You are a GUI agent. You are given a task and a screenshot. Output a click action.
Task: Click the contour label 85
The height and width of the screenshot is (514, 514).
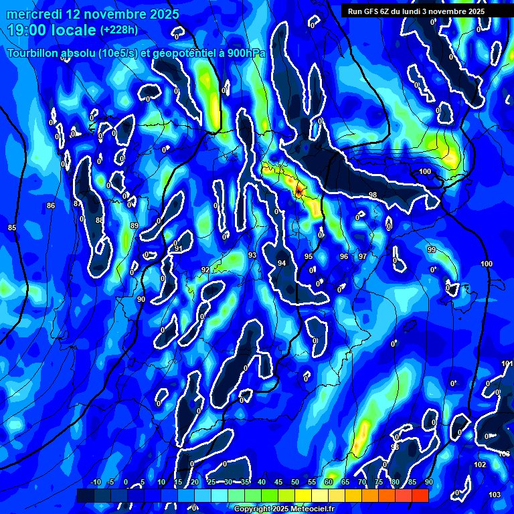tap(11, 228)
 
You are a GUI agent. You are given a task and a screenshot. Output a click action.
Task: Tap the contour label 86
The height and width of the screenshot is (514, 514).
tap(51, 205)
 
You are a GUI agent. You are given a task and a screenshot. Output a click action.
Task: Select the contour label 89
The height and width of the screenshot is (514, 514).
tap(135, 226)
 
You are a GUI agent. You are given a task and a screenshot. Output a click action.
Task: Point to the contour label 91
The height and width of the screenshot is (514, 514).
tap(179, 249)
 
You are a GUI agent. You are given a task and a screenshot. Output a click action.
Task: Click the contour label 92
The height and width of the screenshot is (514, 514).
tap(205, 270)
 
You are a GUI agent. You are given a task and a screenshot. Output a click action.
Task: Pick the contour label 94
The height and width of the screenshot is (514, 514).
tap(282, 263)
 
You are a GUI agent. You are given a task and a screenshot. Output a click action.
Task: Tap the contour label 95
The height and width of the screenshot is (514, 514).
tap(309, 256)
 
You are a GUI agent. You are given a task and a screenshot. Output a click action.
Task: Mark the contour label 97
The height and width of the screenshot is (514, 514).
tap(362, 256)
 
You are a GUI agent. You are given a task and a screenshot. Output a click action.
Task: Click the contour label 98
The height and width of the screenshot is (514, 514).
tap(373, 195)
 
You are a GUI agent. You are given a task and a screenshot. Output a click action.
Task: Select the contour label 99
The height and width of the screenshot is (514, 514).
tap(432, 250)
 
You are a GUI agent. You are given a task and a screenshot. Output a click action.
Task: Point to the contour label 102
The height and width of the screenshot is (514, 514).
tap(480, 464)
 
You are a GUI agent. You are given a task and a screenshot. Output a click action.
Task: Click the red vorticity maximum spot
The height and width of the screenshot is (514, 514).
tap(298, 192)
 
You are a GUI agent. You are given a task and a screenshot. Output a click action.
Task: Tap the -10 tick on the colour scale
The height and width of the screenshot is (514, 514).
tap(95, 482)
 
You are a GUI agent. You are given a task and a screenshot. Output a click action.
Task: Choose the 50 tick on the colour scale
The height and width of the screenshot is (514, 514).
tap(295, 482)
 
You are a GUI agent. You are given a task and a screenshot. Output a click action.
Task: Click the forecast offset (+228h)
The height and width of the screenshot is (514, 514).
tap(119, 30)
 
